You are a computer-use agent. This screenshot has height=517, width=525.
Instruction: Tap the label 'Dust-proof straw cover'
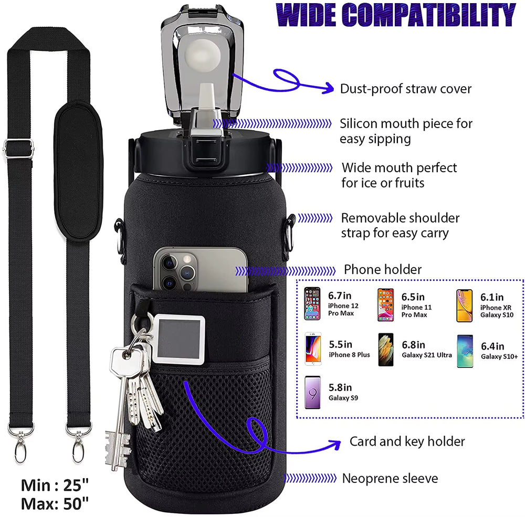click(406, 89)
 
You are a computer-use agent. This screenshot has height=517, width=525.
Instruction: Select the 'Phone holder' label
click(383, 270)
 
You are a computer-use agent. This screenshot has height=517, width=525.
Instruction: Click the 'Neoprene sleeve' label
click(390, 478)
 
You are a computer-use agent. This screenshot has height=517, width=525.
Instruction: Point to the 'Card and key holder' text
click(407, 441)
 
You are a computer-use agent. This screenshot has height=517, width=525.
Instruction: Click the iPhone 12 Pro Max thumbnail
click(312, 304)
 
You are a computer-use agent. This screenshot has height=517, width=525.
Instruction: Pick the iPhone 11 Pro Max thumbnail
click(385, 305)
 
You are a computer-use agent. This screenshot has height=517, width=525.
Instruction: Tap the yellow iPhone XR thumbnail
click(464, 305)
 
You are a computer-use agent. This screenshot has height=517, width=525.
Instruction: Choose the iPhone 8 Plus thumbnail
click(313, 350)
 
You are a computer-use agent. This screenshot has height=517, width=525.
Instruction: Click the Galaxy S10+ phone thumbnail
click(465, 351)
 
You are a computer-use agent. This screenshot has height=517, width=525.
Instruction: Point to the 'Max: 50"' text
click(55, 503)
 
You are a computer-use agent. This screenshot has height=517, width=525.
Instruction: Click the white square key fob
click(179, 337)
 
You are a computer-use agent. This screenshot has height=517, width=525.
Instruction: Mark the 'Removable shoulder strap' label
click(400, 225)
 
